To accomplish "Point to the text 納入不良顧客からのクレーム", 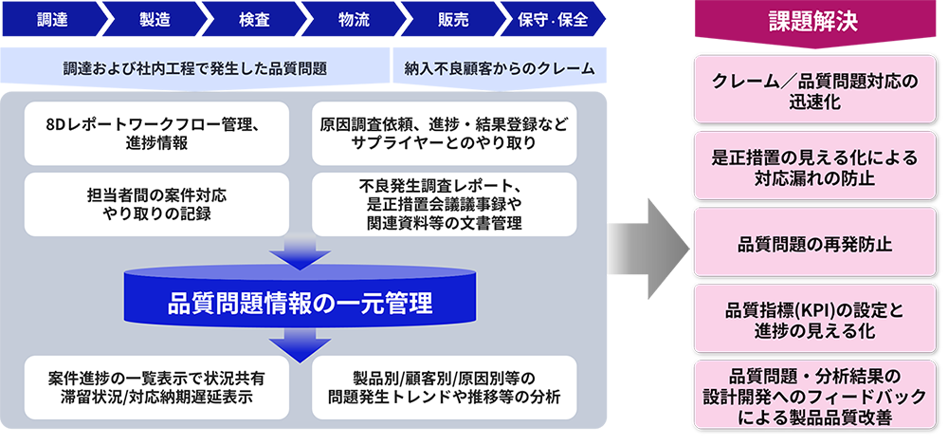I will [500, 68].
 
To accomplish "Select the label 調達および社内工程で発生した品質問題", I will [195, 68].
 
